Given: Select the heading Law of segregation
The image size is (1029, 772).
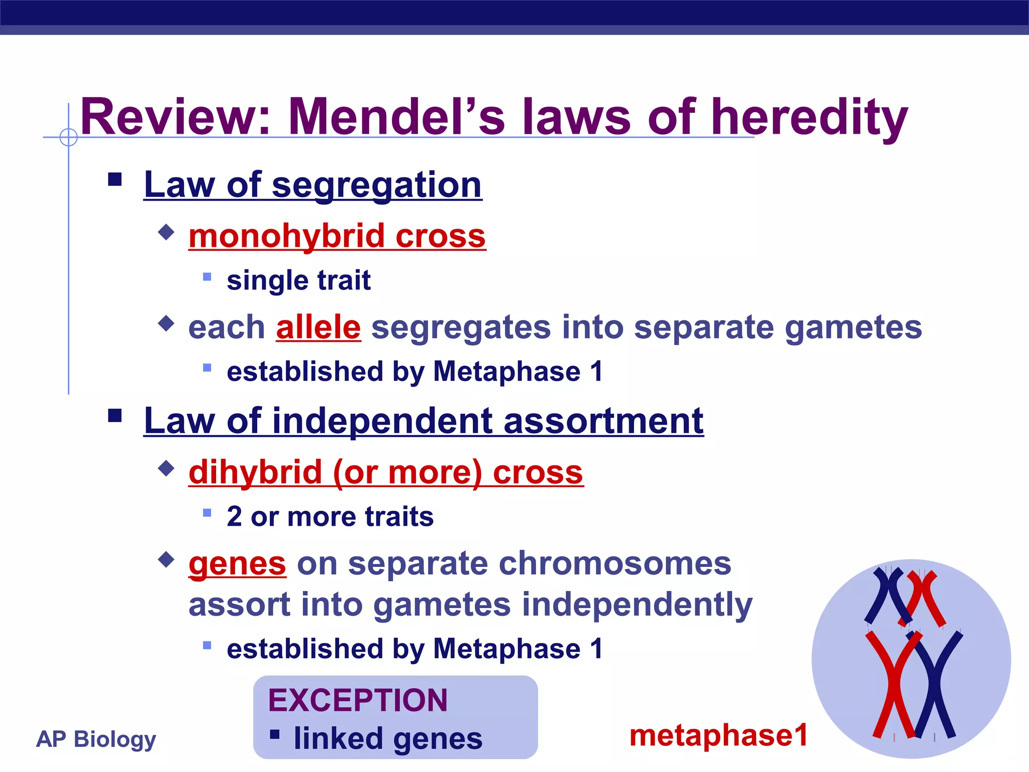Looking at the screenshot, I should click(x=313, y=185).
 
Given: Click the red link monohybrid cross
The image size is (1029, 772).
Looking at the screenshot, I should click(x=337, y=236).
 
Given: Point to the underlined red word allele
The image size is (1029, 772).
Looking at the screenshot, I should click(x=318, y=327).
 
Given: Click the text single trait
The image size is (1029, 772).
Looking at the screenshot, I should click(x=298, y=280).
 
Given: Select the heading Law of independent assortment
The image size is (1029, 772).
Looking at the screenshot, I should click(x=424, y=421).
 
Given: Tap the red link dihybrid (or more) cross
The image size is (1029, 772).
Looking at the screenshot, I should click(x=386, y=472).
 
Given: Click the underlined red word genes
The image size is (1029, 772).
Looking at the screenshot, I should click(x=237, y=563).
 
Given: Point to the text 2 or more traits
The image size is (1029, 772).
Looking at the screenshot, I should click(x=330, y=517).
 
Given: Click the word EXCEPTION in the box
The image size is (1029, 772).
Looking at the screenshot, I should click(x=358, y=700).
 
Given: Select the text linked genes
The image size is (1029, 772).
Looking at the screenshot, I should click(x=388, y=738).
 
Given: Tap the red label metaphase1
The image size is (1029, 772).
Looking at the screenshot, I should click(x=718, y=735).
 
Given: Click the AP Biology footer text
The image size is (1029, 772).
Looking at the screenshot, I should click(x=96, y=739).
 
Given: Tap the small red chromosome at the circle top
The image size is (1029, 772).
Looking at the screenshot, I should click(x=924, y=598).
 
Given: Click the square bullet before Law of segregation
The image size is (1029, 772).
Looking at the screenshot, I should click(x=115, y=179).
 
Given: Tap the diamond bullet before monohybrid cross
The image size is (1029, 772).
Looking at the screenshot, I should click(x=166, y=232).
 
